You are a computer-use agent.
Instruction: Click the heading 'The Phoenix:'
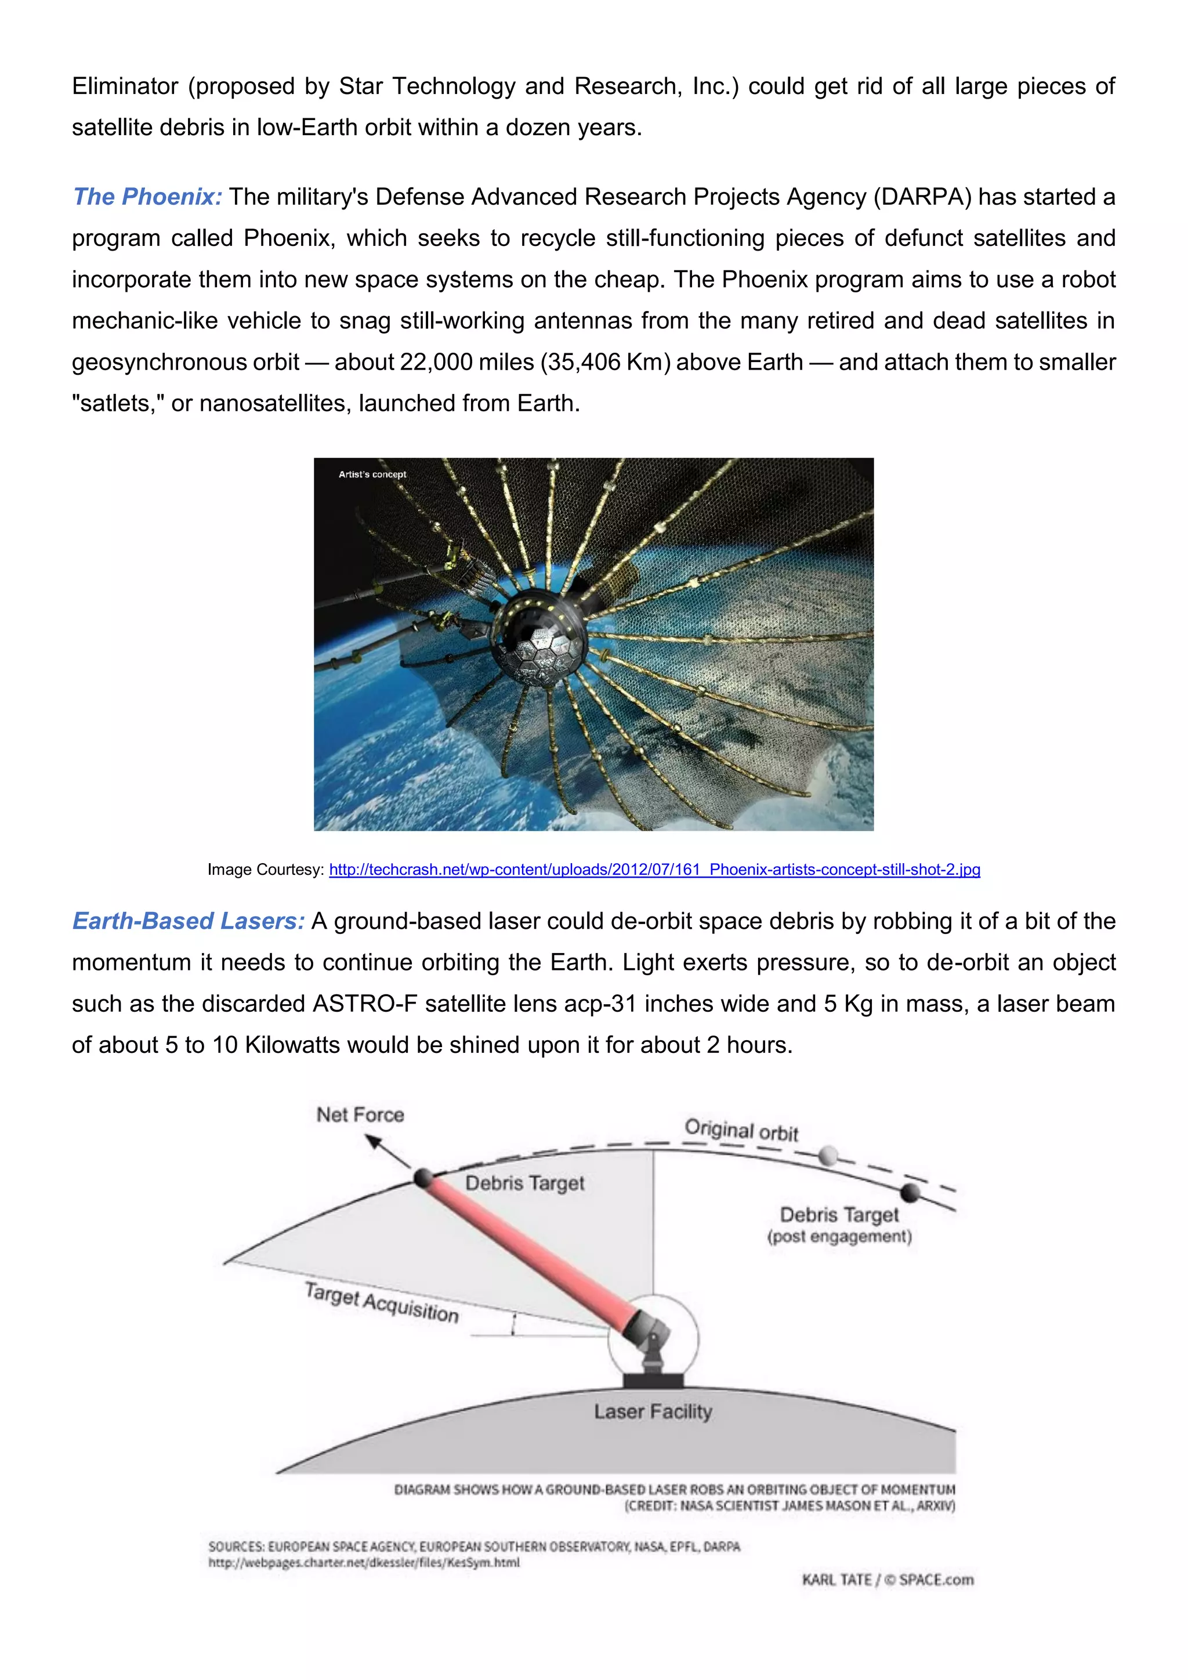(147, 197)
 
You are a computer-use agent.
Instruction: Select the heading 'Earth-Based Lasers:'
(188, 921)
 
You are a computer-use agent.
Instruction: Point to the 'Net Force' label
(360, 1114)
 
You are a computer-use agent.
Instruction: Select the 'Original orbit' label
(741, 1131)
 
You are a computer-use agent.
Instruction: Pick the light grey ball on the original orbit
(828, 1156)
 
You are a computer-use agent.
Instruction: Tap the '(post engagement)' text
(839, 1237)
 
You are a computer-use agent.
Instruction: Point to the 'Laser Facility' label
(653, 1411)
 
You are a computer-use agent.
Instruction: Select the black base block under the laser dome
(653, 1380)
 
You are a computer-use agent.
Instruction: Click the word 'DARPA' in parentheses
(922, 197)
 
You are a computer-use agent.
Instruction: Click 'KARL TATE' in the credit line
(836, 1580)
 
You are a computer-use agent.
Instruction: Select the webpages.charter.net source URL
(364, 1562)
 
